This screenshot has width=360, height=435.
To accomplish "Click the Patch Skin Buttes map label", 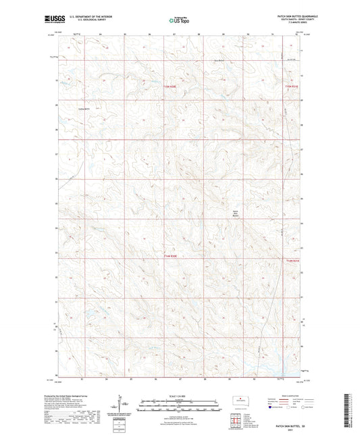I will click(236, 213).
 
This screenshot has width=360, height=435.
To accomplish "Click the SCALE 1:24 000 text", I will click(179, 396).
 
